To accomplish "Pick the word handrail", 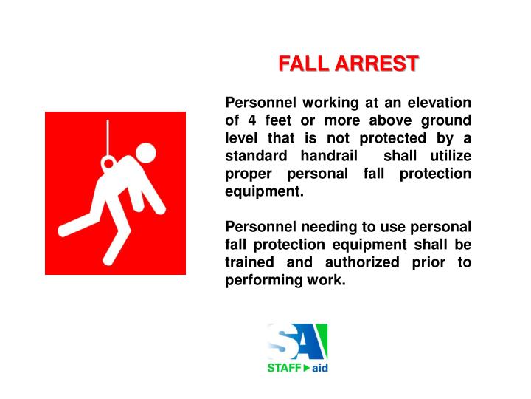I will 330,156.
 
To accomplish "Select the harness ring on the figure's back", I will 110,162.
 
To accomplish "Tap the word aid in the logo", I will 319,368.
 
